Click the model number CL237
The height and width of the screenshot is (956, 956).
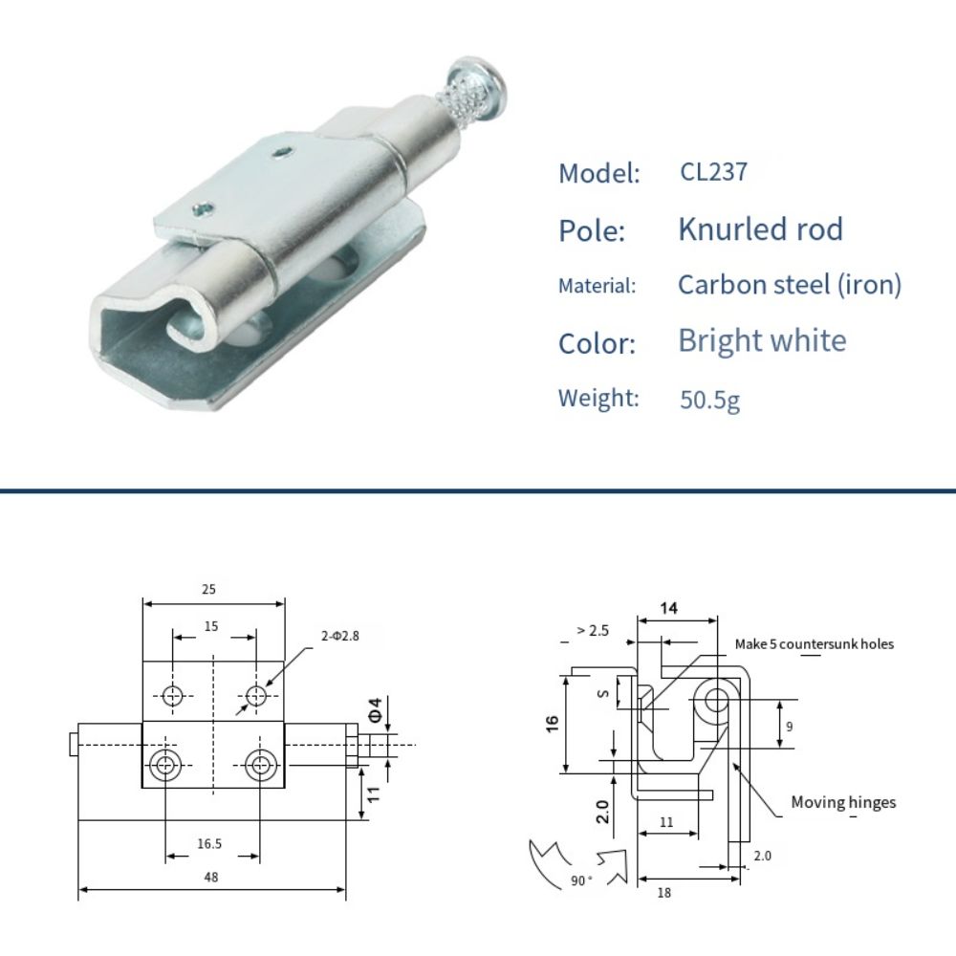point(713,172)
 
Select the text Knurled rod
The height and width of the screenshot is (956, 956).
point(760,229)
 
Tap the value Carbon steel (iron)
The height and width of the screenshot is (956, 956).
point(789,285)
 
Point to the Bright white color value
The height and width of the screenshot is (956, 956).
point(762,340)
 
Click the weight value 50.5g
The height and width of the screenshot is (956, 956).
point(709,399)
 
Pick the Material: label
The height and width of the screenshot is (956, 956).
point(597,286)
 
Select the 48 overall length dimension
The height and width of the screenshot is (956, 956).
point(210,877)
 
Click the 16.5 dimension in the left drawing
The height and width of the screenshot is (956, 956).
point(210,843)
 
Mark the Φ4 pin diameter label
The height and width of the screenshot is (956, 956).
point(376,710)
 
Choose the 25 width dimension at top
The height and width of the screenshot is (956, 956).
point(208,590)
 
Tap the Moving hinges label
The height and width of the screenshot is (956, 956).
point(843,802)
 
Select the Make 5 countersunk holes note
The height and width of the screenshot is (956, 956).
point(814,644)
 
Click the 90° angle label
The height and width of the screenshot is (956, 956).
point(582,880)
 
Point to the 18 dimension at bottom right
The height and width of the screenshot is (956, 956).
point(663,892)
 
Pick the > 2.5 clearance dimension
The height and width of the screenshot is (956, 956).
point(593,631)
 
